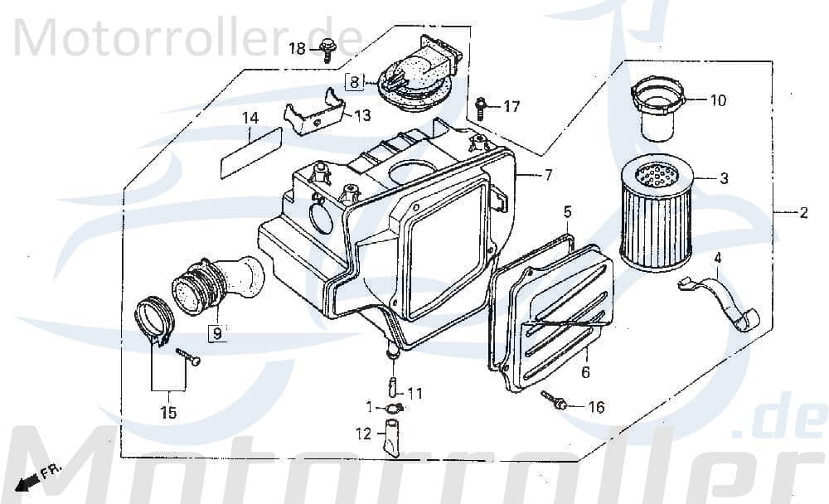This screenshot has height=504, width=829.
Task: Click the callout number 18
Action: pos(298,50)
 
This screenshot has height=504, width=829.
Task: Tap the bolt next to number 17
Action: pos(481,107)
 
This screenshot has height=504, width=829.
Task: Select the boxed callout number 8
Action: pos(354,81)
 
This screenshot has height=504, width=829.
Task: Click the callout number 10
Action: pos(717,100)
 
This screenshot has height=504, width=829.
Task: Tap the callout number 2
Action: pos(802,214)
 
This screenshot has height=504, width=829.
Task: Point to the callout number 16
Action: pos(596,407)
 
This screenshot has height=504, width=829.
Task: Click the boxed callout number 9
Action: pos(216,334)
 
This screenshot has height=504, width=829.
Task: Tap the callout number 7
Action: pos(547,175)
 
